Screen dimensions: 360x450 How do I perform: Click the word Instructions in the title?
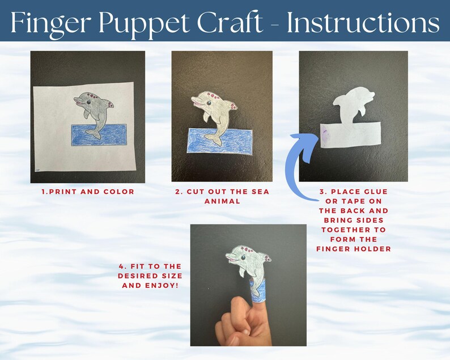(x=363, y=23)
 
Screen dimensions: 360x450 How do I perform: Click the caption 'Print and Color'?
(x=88, y=192)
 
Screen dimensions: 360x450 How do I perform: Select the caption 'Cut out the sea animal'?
(x=222, y=196)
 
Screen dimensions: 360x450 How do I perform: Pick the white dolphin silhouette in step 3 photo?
(x=350, y=105)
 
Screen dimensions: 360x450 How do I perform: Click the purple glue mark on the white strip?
(x=324, y=134)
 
